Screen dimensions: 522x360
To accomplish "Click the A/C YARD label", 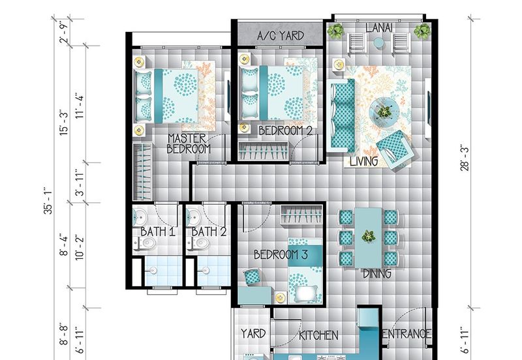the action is [x=281, y=35].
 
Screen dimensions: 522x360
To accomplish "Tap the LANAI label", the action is [x=379, y=27].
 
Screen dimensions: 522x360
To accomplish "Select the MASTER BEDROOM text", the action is [x=189, y=143].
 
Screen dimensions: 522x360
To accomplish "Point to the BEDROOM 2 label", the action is [x=285, y=130].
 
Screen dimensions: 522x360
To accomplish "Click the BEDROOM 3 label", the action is [x=281, y=254].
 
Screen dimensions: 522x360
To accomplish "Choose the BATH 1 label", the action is [x=158, y=232].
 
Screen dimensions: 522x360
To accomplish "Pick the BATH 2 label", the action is [x=209, y=232].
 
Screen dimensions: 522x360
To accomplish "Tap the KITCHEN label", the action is [x=318, y=335].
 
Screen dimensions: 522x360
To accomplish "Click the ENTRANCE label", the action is [x=407, y=333].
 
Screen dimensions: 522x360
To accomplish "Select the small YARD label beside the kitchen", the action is [x=253, y=333].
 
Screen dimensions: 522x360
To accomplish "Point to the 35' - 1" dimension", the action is [x=48, y=202].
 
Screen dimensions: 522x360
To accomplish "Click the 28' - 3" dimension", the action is [x=465, y=158].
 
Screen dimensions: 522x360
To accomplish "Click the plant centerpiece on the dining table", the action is [x=368, y=236].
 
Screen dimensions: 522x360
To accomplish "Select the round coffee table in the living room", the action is [x=384, y=112].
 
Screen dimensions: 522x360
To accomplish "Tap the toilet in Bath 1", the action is [x=145, y=244].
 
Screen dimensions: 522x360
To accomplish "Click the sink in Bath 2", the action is [x=192, y=217].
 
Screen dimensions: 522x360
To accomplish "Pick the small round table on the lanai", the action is [x=378, y=42].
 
